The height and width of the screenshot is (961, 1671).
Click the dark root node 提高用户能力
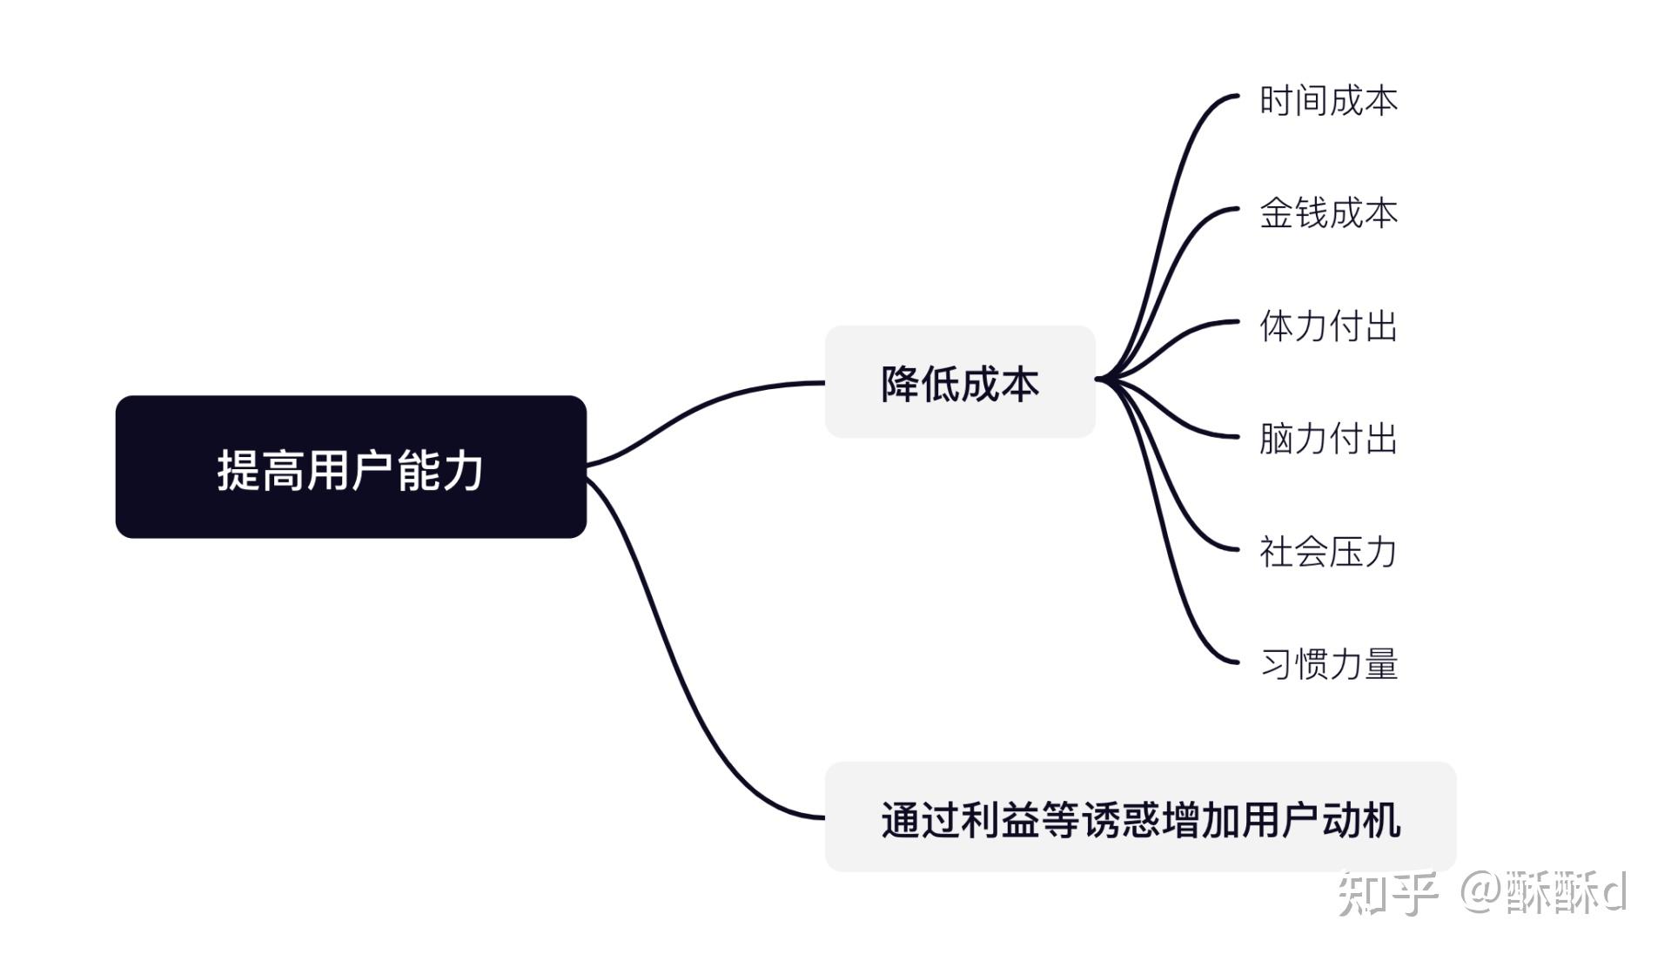coord(351,467)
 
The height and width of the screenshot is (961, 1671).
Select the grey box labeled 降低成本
coord(959,382)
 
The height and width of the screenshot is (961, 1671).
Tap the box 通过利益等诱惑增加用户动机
coord(1139,817)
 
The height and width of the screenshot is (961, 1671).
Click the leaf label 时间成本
coord(1328,101)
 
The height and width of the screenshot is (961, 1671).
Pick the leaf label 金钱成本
coord(1328,213)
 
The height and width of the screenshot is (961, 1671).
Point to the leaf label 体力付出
coord(1328,326)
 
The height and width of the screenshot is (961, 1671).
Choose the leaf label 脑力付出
coord(1328,438)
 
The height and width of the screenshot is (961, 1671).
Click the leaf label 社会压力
coord(1328,551)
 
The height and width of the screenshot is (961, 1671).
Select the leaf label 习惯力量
coord(1328,663)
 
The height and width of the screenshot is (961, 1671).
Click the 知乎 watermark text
coord(1387,893)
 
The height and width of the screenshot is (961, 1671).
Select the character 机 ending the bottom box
coord(1381,820)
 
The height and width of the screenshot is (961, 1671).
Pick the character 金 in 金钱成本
coord(1276,213)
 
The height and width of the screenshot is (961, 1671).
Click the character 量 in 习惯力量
coord(1381,663)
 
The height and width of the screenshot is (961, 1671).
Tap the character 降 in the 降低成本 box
coord(900,384)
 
